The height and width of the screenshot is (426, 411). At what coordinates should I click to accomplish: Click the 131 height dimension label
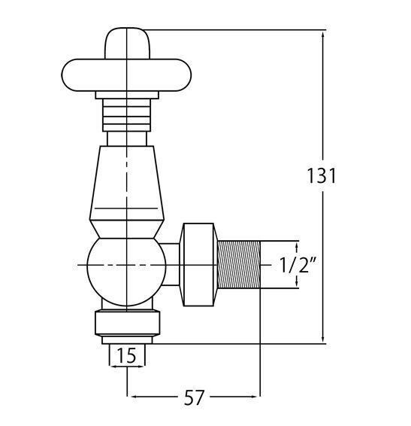click(322, 175)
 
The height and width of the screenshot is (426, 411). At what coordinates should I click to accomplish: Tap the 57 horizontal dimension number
click(194, 397)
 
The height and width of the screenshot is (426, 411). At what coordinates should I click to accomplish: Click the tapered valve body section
click(126, 181)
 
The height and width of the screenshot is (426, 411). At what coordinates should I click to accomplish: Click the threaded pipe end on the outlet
click(239, 265)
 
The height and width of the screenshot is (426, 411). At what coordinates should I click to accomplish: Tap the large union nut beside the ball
click(200, 265)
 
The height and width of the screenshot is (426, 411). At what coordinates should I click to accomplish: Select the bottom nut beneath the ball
click(126, 323)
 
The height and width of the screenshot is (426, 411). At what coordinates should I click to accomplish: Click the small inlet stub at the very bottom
click(126, 342)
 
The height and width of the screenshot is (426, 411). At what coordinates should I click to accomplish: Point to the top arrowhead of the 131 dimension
click(324, 35)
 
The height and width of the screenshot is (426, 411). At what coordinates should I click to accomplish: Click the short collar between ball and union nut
click(173, 265)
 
